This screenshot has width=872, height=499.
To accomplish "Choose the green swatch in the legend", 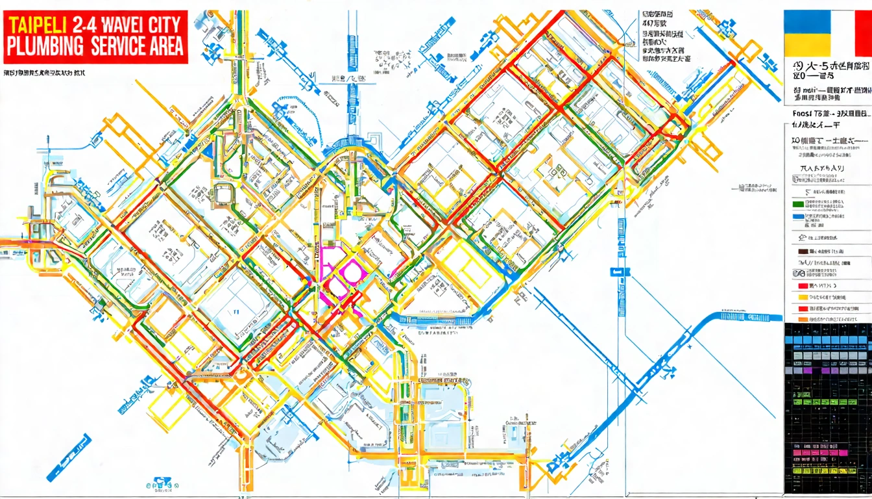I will pos(798,203).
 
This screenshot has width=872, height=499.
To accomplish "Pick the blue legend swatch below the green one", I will pos(798,220).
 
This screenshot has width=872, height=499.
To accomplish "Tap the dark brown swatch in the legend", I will pos(802,251).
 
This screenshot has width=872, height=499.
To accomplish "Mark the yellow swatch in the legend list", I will pos(802,298).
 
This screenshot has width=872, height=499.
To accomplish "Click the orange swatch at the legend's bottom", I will pos(802,319).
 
